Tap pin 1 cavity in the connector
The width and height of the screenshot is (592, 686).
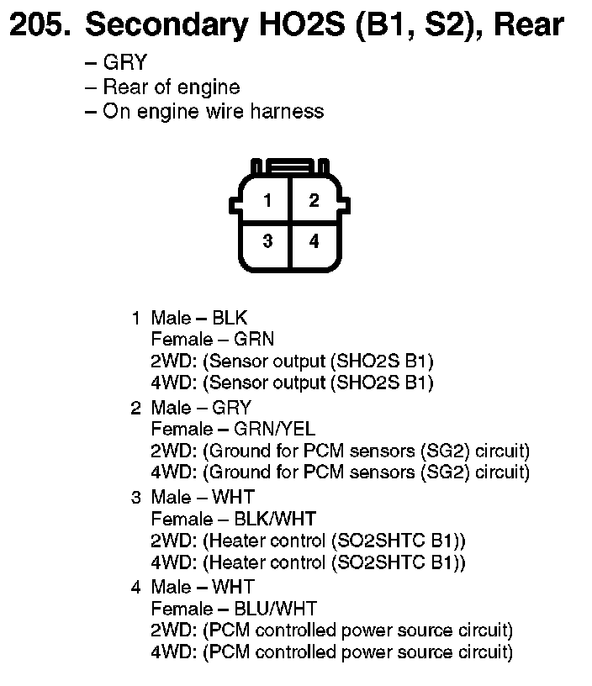click(267, 200)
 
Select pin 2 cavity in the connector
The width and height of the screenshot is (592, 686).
click(314, 200)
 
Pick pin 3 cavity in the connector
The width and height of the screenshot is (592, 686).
click(267, 241)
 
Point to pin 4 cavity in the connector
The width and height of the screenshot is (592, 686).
click(314, 241)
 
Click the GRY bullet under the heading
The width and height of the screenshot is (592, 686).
click(124, 63)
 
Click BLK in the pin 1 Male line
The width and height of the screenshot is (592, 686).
click(230, 318)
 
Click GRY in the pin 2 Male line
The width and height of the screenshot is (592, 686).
click(231, 408)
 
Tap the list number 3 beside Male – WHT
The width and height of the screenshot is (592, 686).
click(135, 497)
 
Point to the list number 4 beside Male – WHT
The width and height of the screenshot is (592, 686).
click(135, 586)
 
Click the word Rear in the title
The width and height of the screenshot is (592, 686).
click(529, 26)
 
